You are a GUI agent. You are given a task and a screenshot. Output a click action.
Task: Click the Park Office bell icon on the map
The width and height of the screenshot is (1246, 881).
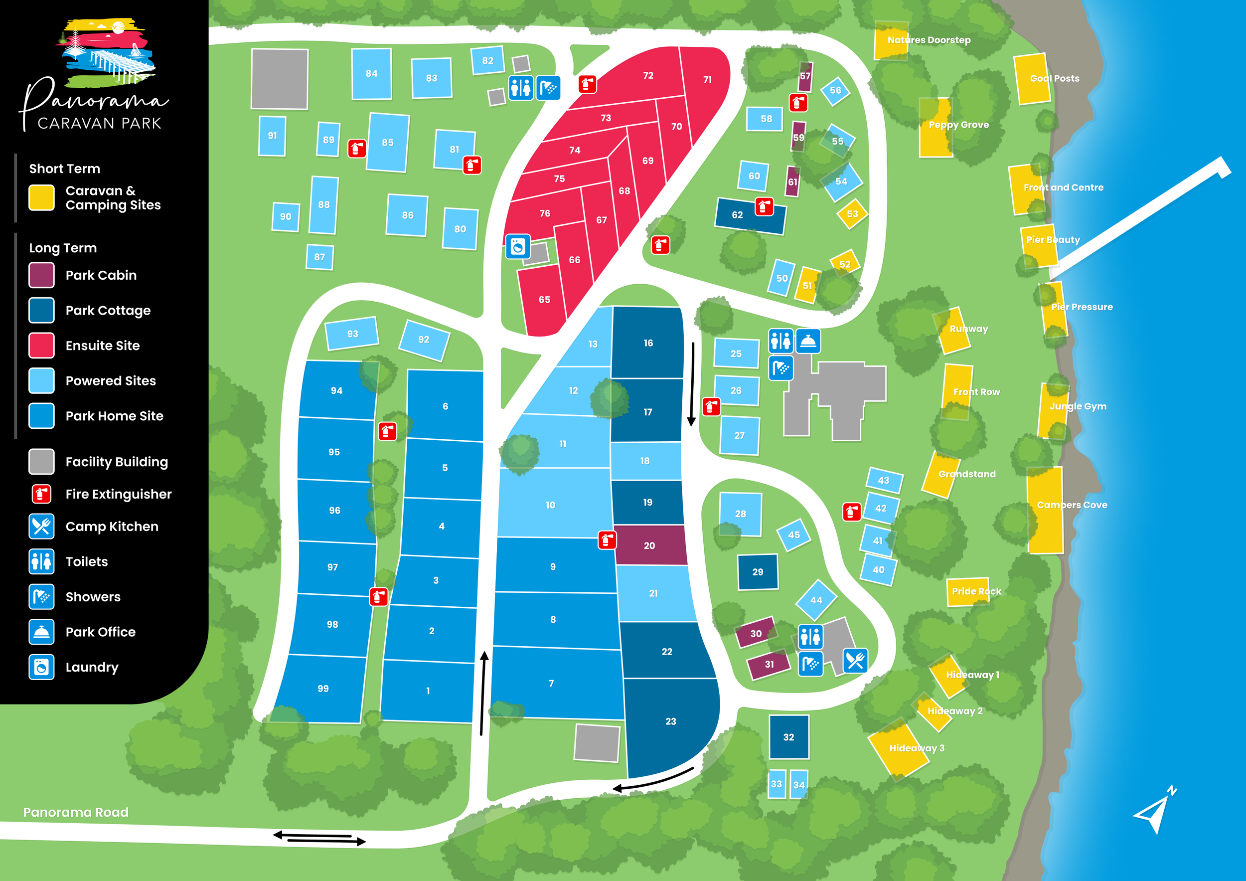pyautogui.click(x=808, y=342)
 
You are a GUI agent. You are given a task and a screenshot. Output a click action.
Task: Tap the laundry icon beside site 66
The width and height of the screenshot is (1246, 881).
pyautogui.click(x=518, y=247)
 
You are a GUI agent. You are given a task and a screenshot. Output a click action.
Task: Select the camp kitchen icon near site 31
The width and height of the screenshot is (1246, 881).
pyautogui.click(x=855, y=661)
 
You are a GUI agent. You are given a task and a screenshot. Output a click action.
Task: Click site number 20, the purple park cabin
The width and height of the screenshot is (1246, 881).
pyautogui.click(x=649, y=545)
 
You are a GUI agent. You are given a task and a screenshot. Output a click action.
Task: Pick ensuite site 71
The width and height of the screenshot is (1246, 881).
pyautogui.click(x=707, y=79)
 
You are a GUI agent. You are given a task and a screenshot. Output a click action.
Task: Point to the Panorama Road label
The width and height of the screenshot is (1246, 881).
pyautogui.click(x=76, y=812)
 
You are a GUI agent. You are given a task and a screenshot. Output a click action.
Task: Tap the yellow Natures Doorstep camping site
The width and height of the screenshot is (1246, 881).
pyautogui.click(x=891, y=40)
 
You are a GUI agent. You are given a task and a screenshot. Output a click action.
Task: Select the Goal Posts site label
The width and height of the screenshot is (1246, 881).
pyautogui.click(x=1055, y=79)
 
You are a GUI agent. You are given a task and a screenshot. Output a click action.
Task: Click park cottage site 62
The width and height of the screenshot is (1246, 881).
pyautogui.click(x=744, y=215)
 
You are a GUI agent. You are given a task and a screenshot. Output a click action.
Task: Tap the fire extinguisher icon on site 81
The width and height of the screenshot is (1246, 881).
pyautogui.click(x=472, y=165)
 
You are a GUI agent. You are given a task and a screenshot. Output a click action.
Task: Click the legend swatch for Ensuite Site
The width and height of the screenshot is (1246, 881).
pyautogui.click(x=41, y=345)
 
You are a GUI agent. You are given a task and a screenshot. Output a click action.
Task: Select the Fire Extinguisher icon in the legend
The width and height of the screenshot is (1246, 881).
pyautogui.click(x=41, y=494)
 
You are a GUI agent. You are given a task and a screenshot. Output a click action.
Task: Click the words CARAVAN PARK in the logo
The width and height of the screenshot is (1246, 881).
pyautogui.click(x=99, y=124)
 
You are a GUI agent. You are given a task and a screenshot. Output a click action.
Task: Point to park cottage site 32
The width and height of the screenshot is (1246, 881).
pyautogui.click(x=788, y=736)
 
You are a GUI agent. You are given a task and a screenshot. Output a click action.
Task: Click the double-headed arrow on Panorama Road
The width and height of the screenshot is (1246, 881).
pyautogui.click(x=319, y=838)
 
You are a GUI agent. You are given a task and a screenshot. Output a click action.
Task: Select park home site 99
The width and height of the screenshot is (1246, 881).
pyautogui.click(x=323, y=689)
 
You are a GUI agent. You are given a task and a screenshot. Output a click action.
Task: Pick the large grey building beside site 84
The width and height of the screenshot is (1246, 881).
pyautogui.click(x=280, y=79)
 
